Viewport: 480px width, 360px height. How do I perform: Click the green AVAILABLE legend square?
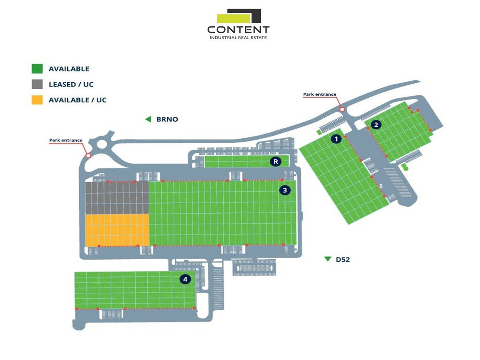(x=37, y=68)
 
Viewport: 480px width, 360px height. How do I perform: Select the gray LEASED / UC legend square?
(x=37, y=84)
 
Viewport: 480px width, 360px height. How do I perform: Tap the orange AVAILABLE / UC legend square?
(x=37, y=100)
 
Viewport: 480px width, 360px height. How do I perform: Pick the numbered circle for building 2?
(x=376, y=124)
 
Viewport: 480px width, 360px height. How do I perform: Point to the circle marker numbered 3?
(x=285, y=190)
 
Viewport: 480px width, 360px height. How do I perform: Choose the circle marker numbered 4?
(x=185, y=279)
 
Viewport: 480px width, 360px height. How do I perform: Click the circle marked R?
(x=276, y=162)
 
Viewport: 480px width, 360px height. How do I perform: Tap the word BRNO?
(x=167, y=119)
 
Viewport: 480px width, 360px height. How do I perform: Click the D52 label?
(x=343, y=260)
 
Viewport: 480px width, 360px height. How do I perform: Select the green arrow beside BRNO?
(x=148, y=119)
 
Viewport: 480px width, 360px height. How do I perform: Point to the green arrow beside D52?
(x=328, y=259)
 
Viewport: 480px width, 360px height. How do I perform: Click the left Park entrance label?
(x=66, y=140)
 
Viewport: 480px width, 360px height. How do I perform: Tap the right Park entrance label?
(x=320, y=94)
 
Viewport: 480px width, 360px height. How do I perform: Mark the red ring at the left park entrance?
(x=88, y=156)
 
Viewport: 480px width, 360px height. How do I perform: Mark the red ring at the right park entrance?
(x=342, y=109)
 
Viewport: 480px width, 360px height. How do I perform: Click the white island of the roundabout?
(x=102, y=144)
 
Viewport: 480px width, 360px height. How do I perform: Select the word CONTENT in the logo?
(x=238, y=30)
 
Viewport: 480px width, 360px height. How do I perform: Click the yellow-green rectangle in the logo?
(x=234, y=18)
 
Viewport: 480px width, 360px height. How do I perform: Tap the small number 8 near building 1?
(x=381, y=186)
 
